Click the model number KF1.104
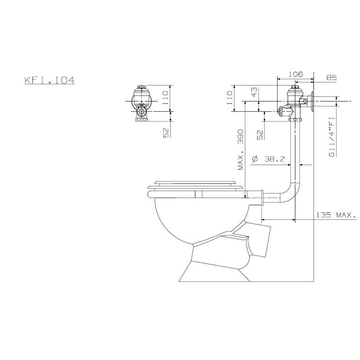click(50, 81)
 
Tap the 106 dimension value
click(296, 74)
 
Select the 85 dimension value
click(332, 78)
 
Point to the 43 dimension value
click(255, 92)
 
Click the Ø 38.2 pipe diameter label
click(268, 159)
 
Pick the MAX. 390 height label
click(241, 150)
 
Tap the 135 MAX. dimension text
click(336, 215)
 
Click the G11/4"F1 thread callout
click(332, 137)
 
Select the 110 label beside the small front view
click(165, 98)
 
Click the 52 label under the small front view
click(166, 133)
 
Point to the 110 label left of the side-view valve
click(230, 98)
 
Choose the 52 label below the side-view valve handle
click(260, 135)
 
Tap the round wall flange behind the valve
click(312, 101)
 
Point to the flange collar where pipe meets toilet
click(261, 198)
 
